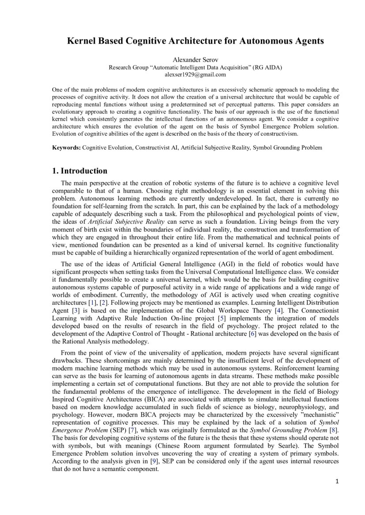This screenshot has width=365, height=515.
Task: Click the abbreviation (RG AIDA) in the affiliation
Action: coord(267,67)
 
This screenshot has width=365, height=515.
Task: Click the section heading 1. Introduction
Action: coord(79,171)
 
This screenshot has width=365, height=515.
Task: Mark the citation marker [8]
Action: coord(334,430)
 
